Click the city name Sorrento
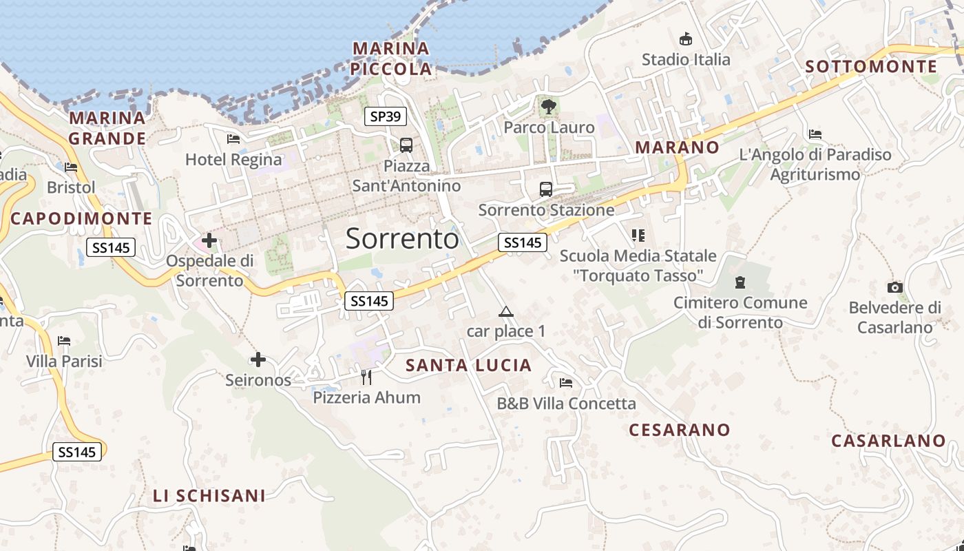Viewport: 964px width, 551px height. tap(402, 238)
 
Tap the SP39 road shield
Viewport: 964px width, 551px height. tap(385, 116)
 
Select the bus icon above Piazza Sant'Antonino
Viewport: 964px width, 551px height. tap(406, 145)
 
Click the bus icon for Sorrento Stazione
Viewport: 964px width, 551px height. tap(546, 189)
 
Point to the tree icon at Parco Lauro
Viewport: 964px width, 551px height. tap(549, 107)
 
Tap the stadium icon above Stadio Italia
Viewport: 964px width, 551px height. tap(686, 39)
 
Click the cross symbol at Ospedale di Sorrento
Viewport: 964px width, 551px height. tap(209, 241)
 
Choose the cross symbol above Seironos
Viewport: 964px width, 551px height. tap(258, 360)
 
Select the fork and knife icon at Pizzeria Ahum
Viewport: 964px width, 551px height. tap(366, 377)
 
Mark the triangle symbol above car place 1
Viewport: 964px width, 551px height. tap(506, 312)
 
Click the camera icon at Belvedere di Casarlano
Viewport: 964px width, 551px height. tap(895, 287)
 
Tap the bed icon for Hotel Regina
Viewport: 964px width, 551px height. tap(233, 139)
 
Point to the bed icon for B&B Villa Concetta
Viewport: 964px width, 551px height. tap(566, 383)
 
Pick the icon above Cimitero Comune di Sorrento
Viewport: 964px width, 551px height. tap(740, 282)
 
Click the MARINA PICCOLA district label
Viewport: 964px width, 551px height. tap(390, 59)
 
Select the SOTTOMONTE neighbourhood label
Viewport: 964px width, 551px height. tap(871, 67)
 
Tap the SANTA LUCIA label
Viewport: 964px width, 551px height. tap(469, 366)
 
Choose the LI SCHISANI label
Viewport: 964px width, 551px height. tap(209, 496)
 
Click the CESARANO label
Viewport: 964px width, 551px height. tap(679, 430)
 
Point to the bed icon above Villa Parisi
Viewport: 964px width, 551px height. tap(64, 341)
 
